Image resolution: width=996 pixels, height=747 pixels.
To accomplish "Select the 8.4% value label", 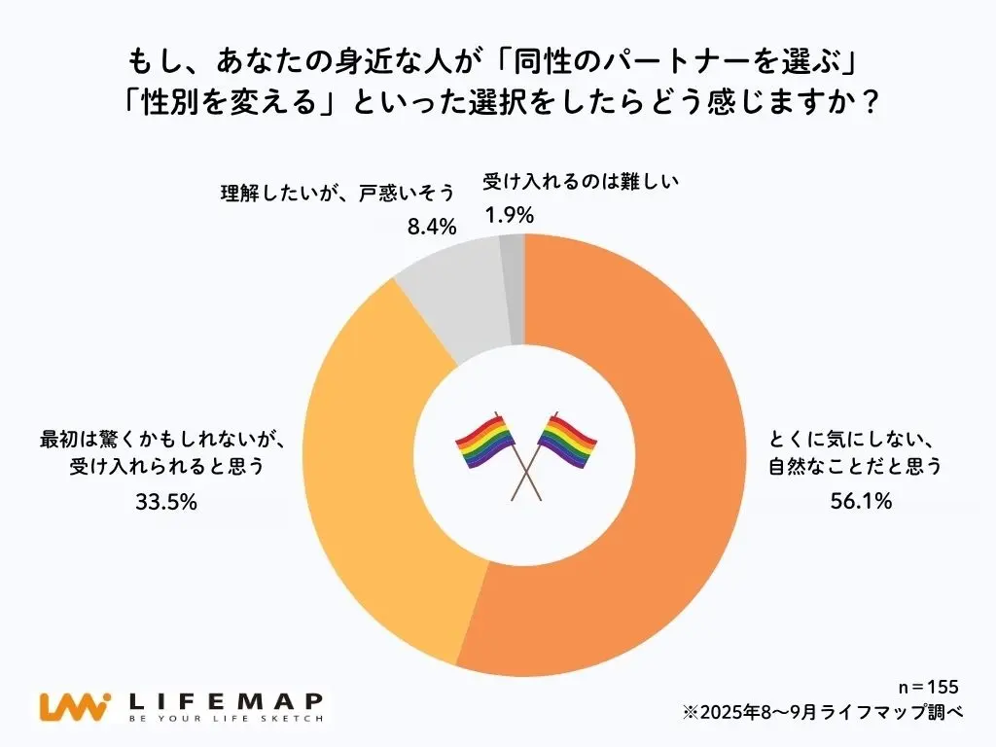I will [431, 228].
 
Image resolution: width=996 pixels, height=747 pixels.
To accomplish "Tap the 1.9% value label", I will [509, 216].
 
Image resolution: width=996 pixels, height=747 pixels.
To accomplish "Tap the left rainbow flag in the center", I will [486, 443].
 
